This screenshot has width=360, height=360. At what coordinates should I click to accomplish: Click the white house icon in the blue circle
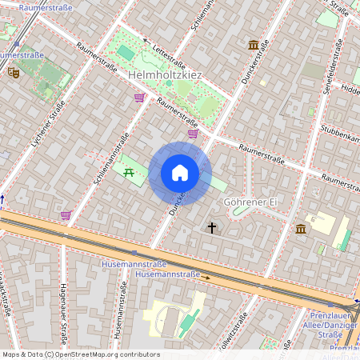[x=179, y=173]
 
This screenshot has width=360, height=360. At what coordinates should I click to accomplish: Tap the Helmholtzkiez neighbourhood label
[x=165, y=74]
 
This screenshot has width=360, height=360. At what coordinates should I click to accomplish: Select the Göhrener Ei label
[x=251, y=202]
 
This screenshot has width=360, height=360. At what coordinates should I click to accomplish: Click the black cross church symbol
[x=212, y=228]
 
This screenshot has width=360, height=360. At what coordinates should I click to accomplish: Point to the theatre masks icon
[x=14, y=72]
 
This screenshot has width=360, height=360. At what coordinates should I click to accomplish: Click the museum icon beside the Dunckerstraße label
[x=254, y=45]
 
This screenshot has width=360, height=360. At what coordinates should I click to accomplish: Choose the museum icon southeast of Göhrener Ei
[x=300, y=230]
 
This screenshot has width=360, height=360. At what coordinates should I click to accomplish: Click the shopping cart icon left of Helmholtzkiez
[x=140, y=98]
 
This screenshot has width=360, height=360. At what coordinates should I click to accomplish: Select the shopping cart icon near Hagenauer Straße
[x=66, y=215]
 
